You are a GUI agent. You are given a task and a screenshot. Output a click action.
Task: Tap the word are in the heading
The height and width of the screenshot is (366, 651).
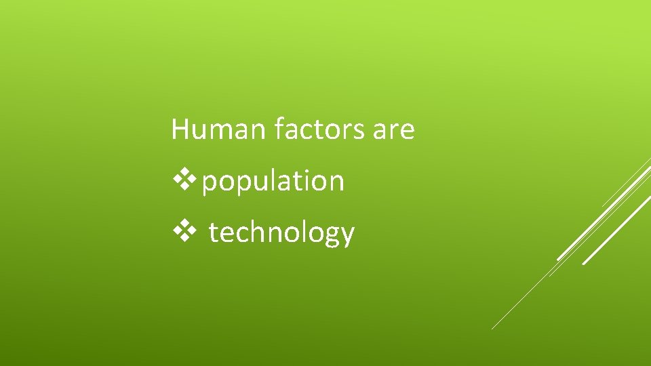click(x=393, y=129)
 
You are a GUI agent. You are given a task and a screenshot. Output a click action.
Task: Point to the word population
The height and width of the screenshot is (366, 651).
click(x=273, y=182)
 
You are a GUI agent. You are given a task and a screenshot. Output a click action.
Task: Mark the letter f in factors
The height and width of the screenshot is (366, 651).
click(x=279, y=128)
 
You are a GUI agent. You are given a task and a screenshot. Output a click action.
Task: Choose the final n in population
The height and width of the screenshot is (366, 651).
click(x=336, y=182)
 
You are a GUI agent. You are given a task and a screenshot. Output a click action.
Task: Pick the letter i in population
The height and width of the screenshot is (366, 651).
click(x=306, y=180)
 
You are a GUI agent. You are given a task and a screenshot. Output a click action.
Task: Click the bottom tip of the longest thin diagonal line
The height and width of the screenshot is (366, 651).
click(x=492, y=329)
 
